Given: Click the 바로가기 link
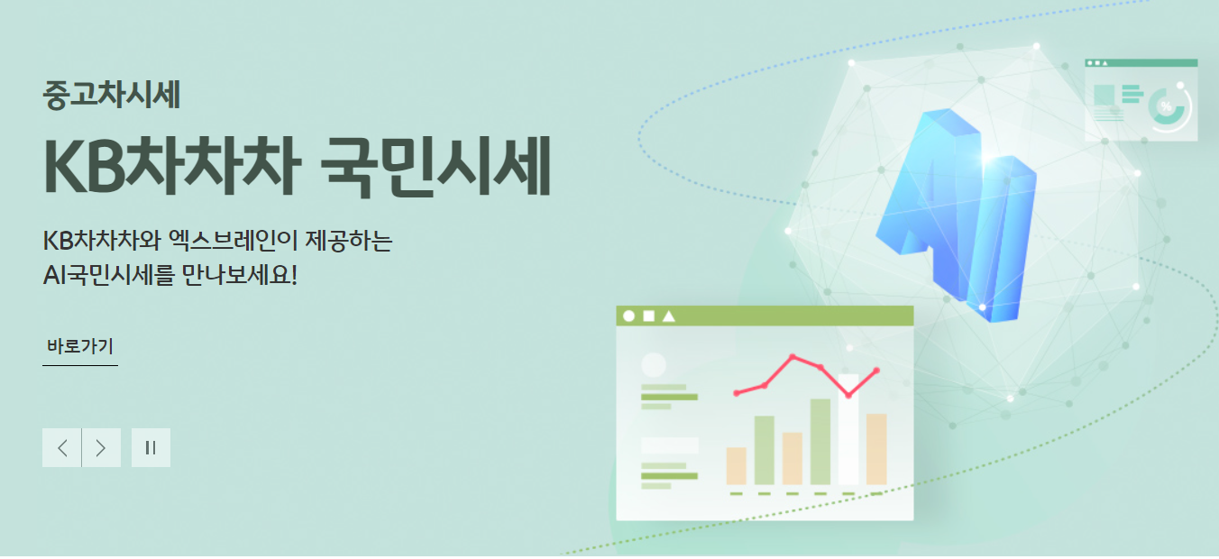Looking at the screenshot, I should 80,347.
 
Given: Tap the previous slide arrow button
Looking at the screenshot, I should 62,448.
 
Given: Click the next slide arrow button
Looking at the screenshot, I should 101,448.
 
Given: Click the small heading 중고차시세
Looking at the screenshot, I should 112,95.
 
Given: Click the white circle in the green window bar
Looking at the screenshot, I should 629,316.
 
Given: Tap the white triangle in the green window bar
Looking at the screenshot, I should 668,316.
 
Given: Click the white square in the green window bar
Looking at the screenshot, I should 648,316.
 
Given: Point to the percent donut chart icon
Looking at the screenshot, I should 1169,107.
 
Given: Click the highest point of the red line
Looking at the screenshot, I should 793,357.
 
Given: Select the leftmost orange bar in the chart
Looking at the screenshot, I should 737,466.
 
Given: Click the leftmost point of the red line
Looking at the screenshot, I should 737,393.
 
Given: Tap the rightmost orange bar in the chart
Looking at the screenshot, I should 876,449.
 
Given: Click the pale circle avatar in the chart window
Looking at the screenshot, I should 654,365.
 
